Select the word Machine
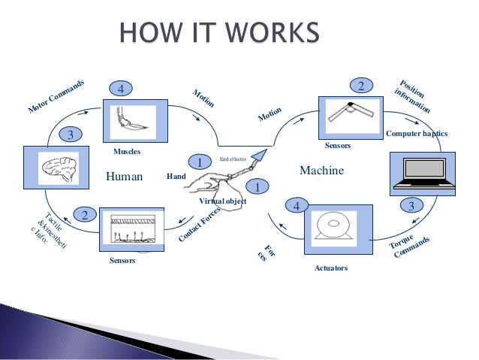321,171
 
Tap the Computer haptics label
416,133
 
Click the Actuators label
330,268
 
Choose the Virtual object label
222,201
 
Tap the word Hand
176,177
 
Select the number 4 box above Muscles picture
120,89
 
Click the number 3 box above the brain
70,135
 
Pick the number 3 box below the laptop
411,205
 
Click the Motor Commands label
56,97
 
